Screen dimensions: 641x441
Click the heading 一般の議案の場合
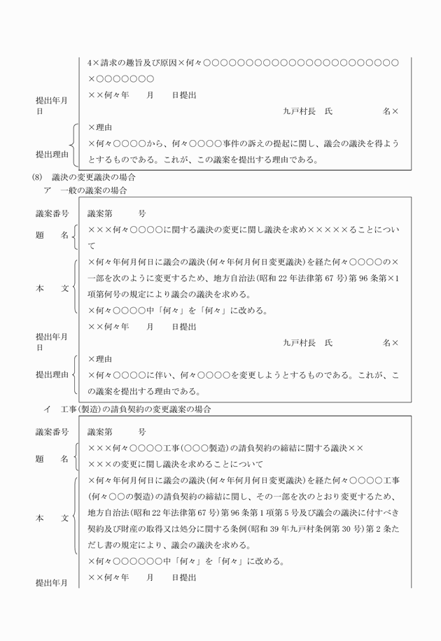tap(93, 191)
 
